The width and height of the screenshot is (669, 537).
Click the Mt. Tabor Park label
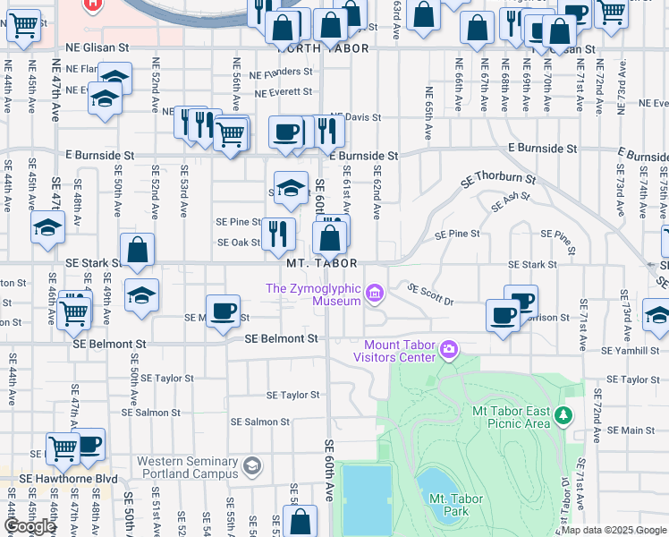[x=456, y=505]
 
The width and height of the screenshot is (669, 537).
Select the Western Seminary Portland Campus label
[x=188, y=466]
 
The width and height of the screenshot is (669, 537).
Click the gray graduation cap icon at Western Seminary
[x=253, y=465]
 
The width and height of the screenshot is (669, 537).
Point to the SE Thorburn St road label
[x=497, y=179]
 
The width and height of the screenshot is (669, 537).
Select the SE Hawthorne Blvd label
[x=59, y=479]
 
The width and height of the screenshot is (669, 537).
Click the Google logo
[x=30, y=526]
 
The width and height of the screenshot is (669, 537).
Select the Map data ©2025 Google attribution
[x=614, y=530]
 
